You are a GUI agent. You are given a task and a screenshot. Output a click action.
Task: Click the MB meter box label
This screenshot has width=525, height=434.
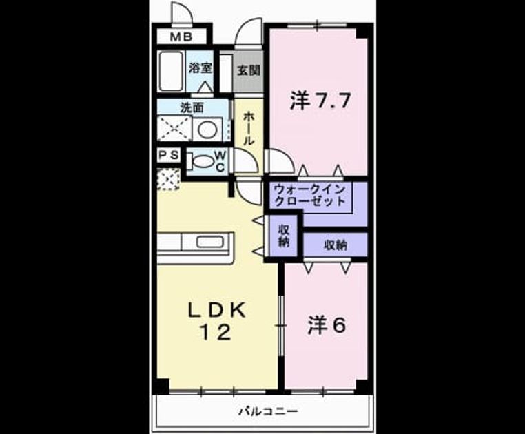click(181, 37)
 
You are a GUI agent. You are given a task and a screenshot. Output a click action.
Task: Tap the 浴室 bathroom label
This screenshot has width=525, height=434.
click(200, 68)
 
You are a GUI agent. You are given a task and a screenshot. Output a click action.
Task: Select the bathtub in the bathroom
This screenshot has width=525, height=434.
click(171, 71)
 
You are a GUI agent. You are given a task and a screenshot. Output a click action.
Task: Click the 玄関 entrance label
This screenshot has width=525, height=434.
click(249, 71)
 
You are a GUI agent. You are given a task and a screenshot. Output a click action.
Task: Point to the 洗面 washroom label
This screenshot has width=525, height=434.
click(192, 108)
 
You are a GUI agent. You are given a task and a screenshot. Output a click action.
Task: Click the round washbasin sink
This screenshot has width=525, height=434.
click(207, 129)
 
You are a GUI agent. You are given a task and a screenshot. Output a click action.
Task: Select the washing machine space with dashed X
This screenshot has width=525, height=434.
click(174, 129)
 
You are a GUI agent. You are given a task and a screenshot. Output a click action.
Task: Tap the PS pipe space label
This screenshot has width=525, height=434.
click(169, 155)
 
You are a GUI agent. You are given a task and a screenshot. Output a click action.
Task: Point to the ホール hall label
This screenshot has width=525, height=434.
click(248, 128)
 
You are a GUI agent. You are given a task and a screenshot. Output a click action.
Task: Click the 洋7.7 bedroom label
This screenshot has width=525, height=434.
click(320, 101)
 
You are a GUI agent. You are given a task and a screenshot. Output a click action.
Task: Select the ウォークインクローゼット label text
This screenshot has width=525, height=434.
click(309, 195)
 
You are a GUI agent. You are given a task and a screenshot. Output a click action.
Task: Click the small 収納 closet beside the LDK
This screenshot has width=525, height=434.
click(284, 236)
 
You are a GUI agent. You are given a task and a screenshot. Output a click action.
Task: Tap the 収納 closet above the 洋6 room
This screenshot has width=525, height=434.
click(335, 245)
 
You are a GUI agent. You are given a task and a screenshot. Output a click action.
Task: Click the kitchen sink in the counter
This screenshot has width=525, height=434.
click(209, 242)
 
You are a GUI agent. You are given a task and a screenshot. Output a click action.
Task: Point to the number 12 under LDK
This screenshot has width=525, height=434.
click(216, 333)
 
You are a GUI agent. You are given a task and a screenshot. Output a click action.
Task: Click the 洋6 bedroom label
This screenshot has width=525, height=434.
click(327, 325)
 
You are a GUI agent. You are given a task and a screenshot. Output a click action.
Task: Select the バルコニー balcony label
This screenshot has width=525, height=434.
click(268, 411)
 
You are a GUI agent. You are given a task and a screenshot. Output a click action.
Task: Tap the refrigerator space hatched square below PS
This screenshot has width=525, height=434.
click(168, 180)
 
